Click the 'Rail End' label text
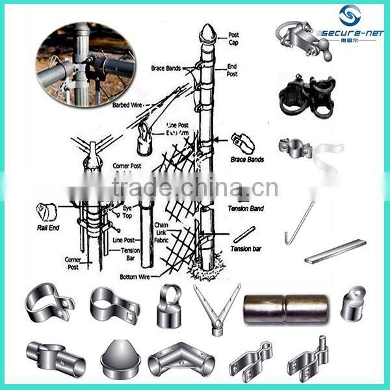[x=47, y=228]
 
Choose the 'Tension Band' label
[x=246, y=209]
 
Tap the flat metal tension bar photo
[x=335, y=250]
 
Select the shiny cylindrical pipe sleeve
[x=285, y=309]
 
